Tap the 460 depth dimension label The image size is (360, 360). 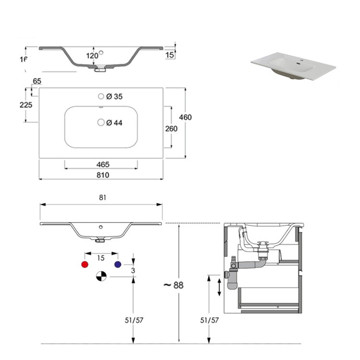(x=185, y=117)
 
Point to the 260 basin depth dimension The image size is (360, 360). (x=171, y=129)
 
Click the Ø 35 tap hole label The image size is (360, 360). (x=114, y=97)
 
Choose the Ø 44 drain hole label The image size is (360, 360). (x=114, y=123)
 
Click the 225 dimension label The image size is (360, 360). (x=26, y=105)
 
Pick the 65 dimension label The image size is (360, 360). (x=37, y=81)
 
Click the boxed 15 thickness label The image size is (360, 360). (x=169, y=55)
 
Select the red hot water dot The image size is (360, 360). (x=84, y=265)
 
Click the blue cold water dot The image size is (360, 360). (x=117, y=265)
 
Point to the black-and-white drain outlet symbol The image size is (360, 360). (x=101, y=276)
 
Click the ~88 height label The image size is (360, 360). (x=173, y=285)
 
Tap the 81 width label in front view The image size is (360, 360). (x=102, y=198)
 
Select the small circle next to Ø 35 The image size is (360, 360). (x=101, y=96)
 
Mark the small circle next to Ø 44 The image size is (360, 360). (x=101, y=122)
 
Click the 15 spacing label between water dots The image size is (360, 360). (x=101, y=258)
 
